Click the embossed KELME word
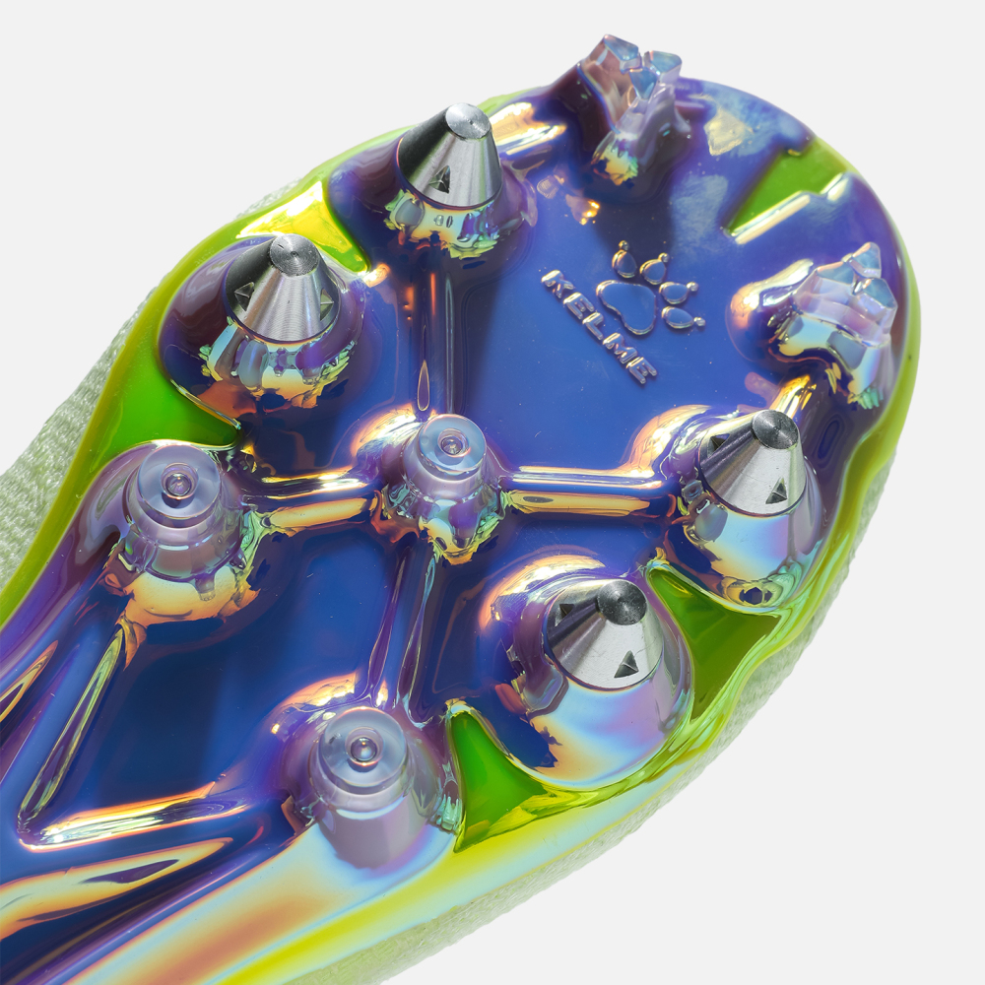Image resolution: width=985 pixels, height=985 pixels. pos(597,327)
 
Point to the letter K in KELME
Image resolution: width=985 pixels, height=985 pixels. pos(553,282)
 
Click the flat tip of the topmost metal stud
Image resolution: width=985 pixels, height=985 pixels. pos(468,120)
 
